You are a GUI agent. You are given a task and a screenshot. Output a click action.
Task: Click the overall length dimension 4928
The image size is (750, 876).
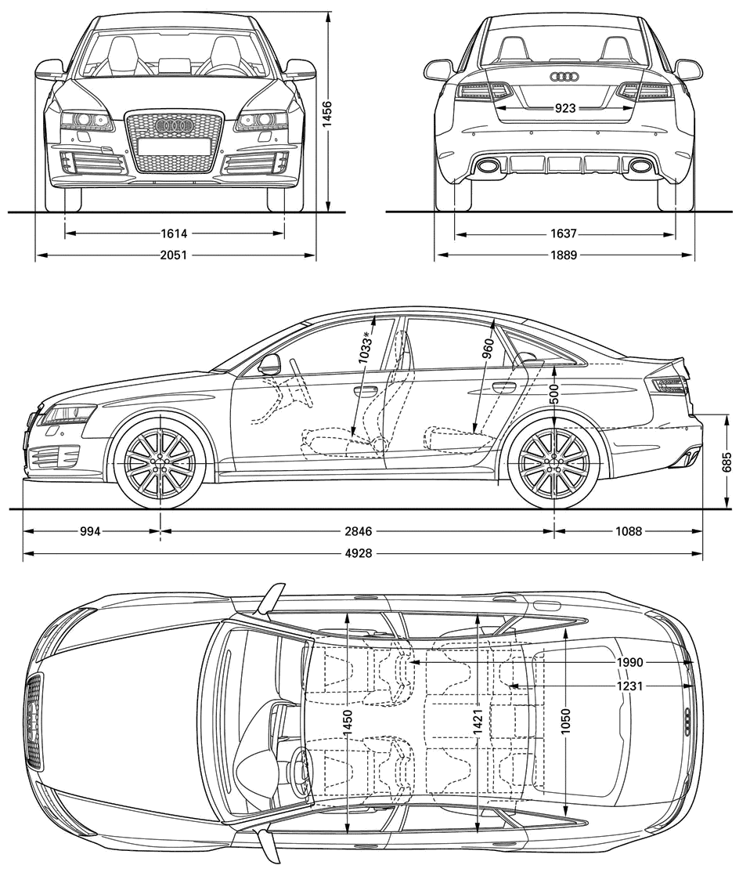(359, 553)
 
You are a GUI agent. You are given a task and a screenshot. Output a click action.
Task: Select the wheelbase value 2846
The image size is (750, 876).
(359, 530)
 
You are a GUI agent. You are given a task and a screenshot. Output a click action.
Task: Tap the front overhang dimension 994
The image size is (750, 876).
(90, 530)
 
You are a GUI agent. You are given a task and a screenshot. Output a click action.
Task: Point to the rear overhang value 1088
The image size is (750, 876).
(629, 530)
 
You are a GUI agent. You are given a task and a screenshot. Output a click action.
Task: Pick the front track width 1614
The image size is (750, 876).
(174, 233)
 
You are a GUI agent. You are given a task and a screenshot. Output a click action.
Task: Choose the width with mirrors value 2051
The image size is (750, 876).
(174, 255)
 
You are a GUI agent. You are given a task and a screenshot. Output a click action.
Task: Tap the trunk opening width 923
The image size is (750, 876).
(564, 108)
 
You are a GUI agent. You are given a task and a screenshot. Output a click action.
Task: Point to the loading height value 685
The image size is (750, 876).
(727, 462)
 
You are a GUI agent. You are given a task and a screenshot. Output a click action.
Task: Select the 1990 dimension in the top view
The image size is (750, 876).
(629, 662)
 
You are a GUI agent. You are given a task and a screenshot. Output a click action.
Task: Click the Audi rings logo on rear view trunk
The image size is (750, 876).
(564, 77)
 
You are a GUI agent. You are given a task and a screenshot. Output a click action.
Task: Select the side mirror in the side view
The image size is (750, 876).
(270, 364)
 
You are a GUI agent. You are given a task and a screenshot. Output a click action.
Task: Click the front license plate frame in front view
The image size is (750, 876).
(174, 147)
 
